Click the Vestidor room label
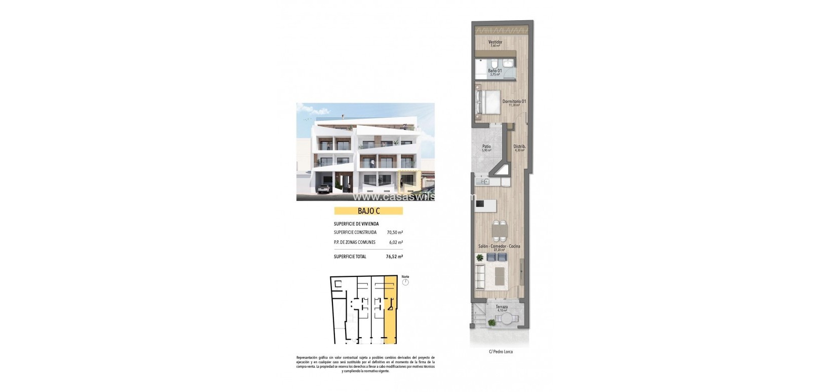495,42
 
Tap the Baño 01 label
495,71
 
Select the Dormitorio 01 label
514,101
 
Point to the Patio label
486,147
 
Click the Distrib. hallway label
519,147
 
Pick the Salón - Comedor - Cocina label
499,246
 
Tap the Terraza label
501,307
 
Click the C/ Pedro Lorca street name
500,351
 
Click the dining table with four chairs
499,231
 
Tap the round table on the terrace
504,319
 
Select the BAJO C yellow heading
368,211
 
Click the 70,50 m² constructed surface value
394,232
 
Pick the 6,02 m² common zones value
395,242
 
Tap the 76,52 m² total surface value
394,257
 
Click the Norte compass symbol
405,282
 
